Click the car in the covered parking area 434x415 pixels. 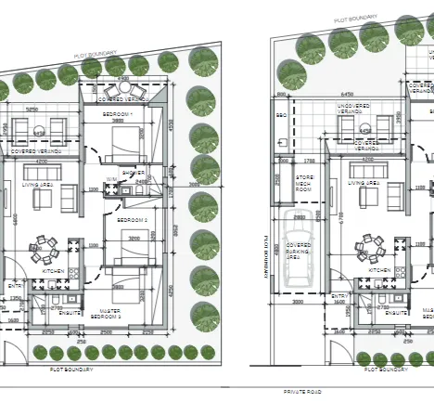298,247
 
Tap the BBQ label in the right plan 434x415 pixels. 281,115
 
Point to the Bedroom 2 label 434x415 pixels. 132,219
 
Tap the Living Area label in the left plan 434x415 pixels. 38,185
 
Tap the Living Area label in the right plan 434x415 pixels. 364,184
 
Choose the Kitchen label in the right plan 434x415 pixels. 380,272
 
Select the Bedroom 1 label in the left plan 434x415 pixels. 118,114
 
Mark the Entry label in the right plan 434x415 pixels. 339,296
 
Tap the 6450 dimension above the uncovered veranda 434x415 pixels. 347,95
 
